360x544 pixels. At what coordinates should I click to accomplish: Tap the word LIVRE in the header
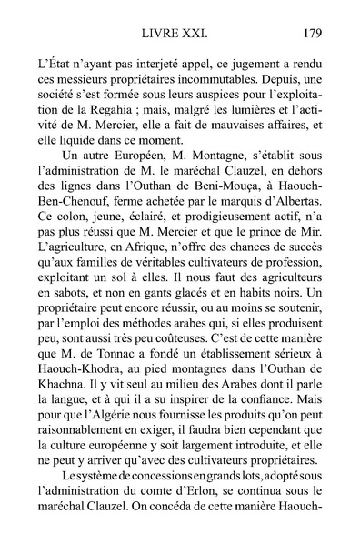[164, 34]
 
